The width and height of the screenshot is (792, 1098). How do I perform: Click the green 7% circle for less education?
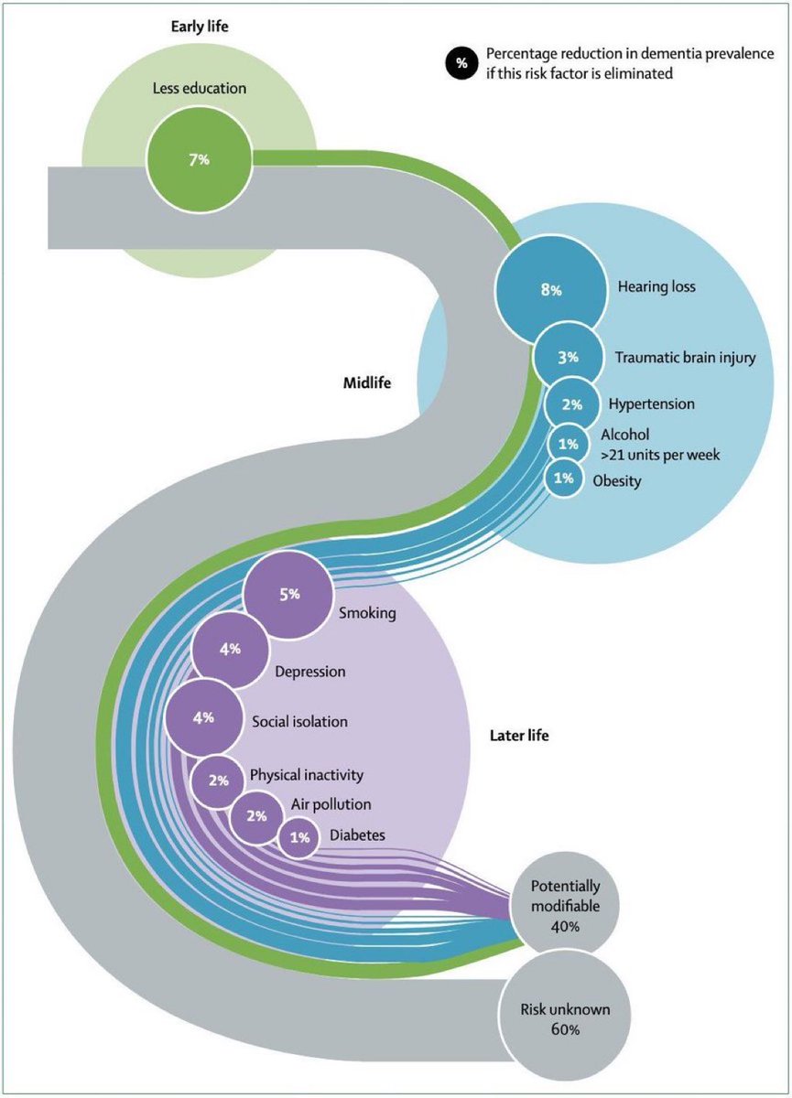[x=199, y=160]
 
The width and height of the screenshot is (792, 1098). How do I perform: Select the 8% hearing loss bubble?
[x=550, y=290]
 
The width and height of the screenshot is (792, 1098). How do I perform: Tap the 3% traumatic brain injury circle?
[x=568, y=357]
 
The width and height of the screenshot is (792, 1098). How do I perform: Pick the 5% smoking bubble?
[x=288, y=595]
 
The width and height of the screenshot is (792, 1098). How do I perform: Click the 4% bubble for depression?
[x=230, y=650]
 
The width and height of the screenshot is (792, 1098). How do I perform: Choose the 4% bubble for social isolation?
[x=203, y=718]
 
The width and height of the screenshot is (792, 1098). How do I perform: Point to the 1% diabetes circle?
[x=298, y=838]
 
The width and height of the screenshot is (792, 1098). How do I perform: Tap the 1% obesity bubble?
[x=563, y=478]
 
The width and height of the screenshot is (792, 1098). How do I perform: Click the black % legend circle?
[x=461, y=63]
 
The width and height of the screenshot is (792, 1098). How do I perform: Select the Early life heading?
[x=200, y=27]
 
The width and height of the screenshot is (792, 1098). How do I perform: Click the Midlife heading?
[x=367, y=382]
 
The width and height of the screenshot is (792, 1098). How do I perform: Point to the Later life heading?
[x=519, y=736]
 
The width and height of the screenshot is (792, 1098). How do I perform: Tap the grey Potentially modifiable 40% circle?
[x=565, y=906]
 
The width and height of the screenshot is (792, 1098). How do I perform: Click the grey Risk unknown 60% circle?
[x=565, y=1019]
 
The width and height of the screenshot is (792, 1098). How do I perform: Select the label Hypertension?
[x=652, y=404]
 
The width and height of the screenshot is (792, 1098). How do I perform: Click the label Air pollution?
[x=331, y=804]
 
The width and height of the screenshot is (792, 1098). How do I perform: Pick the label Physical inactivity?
[x=307, y=775]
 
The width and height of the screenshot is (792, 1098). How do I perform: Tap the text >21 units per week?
[x=660, y=455]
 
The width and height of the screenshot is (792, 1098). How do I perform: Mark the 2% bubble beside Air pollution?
[x=256, y=816]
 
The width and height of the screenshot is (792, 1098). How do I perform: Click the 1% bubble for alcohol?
[x=568, y=444]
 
